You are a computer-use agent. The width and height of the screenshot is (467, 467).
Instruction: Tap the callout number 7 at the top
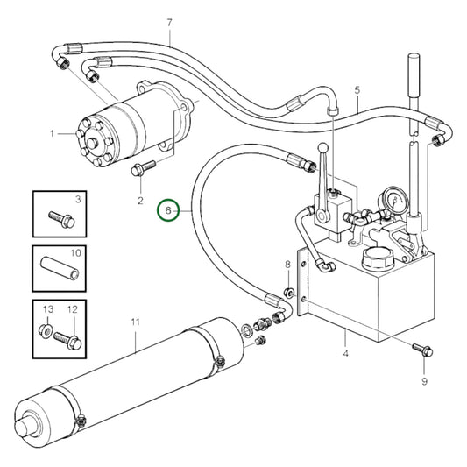pos(169,21)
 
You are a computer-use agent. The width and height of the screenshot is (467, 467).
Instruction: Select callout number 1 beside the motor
pos(53,133)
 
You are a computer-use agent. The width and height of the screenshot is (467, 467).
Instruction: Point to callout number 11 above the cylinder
pos(135,322)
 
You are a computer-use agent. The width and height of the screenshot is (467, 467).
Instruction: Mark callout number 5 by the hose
pos(357,90)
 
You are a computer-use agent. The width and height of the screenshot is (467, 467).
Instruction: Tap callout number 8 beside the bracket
pos(287,264)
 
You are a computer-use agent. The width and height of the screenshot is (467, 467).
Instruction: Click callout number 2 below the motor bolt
pos(138,202)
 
